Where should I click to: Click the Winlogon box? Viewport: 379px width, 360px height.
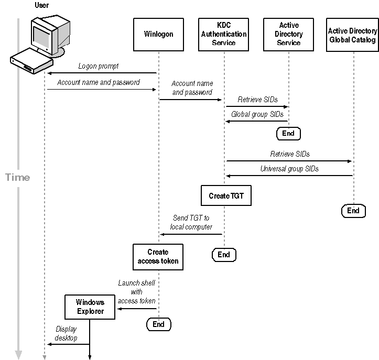(158, 35)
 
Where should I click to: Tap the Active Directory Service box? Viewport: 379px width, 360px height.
(288, 35)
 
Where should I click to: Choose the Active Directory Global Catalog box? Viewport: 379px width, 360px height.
(352, 35)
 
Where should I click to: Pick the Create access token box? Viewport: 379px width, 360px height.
(158, 257)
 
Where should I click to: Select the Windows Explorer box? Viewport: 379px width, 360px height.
(90, 307)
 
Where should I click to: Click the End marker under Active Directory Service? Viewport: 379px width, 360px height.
(288, 133)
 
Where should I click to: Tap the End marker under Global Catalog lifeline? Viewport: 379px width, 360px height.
(353, 210)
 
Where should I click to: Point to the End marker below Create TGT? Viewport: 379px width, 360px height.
(224, 255)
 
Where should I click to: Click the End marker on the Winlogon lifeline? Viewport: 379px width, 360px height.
(158, 324)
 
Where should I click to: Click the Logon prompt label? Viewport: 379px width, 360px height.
(99, 67)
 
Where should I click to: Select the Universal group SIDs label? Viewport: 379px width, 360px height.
(289, 169)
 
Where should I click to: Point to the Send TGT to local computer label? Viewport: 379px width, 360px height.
(192, 222)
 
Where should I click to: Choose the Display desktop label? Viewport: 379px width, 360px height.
(66, 334)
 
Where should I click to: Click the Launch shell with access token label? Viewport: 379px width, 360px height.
(136, 292)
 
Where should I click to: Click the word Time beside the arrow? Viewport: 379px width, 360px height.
(18, 177)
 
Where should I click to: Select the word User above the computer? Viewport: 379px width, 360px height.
(41, 5)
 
